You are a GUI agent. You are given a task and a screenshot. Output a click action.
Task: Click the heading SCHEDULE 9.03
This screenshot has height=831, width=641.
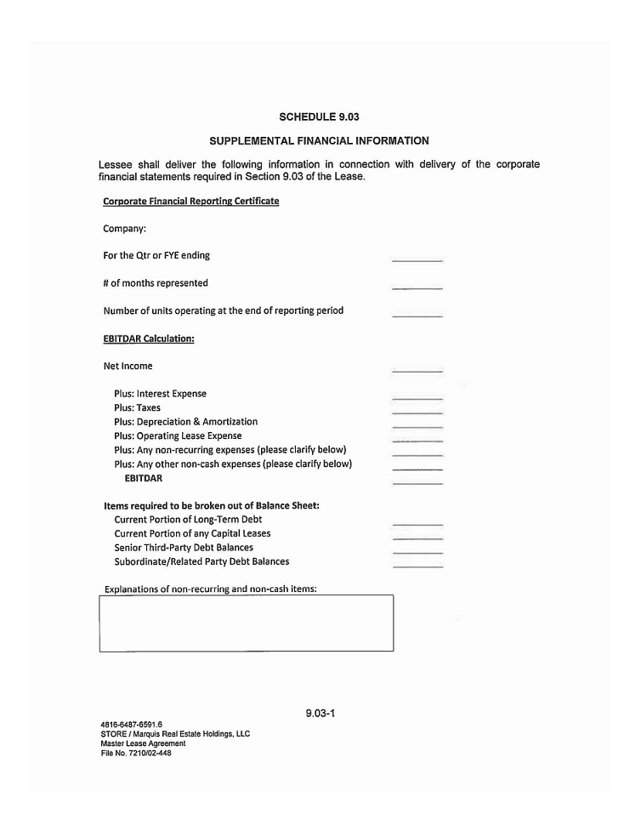point(320,117)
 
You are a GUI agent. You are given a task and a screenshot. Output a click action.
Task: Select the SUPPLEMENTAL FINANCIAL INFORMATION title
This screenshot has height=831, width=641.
point(320,140)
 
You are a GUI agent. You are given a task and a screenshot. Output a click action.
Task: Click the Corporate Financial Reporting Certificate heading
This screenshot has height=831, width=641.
point(190,202)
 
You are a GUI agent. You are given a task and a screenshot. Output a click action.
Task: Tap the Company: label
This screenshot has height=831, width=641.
point(125,229)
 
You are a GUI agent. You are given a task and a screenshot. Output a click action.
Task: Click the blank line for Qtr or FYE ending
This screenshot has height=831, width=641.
point(417,259)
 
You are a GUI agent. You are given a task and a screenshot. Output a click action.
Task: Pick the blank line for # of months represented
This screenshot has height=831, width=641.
point(417,287)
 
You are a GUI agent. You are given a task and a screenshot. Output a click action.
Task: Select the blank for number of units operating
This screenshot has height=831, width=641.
point(417,315)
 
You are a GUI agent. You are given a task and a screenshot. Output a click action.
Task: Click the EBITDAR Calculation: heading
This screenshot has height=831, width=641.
point(149,339)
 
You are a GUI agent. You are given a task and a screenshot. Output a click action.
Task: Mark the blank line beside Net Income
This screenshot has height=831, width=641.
point(417,371)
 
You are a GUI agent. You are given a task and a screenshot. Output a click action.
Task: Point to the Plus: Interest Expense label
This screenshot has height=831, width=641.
point(160,394)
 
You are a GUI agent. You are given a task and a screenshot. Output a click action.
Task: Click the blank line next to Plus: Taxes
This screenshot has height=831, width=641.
point(417,412)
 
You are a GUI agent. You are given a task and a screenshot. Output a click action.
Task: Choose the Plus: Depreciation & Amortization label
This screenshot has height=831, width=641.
point(185,422)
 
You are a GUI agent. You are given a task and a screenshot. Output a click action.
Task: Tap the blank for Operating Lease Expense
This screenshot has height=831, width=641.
point(417,441)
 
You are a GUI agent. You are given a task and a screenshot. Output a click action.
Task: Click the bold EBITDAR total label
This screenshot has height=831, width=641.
point(144,478)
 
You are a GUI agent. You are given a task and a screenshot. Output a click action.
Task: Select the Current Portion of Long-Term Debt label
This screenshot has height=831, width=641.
point(188,520)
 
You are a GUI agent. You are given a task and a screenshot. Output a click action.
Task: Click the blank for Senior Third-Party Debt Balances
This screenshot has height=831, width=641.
point(417,552)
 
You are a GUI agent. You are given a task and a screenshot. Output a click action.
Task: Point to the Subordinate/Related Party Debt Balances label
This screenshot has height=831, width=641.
point(201,561)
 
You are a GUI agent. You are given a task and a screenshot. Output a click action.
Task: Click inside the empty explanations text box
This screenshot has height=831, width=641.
point(246,623)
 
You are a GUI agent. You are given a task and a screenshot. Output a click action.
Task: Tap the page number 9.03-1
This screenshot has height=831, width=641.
point(320,713)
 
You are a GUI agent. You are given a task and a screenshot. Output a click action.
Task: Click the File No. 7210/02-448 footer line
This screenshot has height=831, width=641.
point(135,753)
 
